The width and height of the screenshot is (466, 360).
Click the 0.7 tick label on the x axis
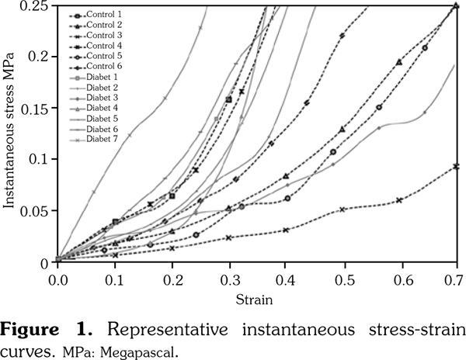click(x=455, y=278)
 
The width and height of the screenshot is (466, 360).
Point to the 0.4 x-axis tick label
click(x=285, y=278)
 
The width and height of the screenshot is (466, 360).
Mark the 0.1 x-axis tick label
click(x=114, y=278)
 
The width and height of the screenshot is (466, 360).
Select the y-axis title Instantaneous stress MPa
click(x=10, y=132)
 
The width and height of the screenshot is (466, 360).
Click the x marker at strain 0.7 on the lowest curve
click(x=456, y=166)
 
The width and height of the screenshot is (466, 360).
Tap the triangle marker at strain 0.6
click(x=399, y=61)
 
